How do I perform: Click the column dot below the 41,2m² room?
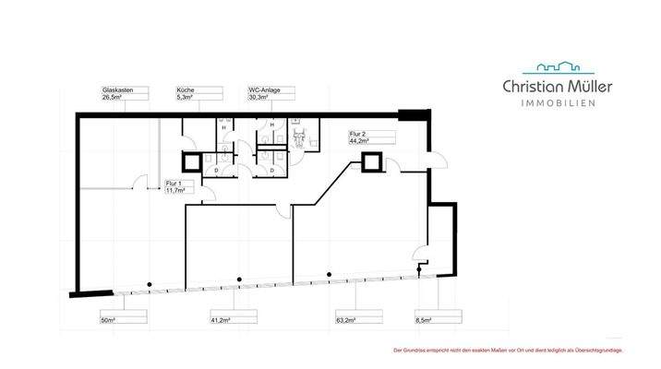click(239, 278)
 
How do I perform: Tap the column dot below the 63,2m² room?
click(330, 273)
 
